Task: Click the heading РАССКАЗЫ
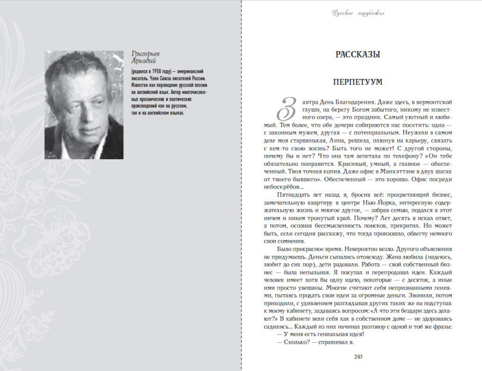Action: tap(358, 55)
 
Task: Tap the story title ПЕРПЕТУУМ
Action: tap(358, 82)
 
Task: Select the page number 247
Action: tap(358, 356)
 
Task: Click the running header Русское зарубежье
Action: tap(358, 13)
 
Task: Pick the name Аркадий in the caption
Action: tap(143, 61)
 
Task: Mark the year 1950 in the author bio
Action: tap(156, 72)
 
